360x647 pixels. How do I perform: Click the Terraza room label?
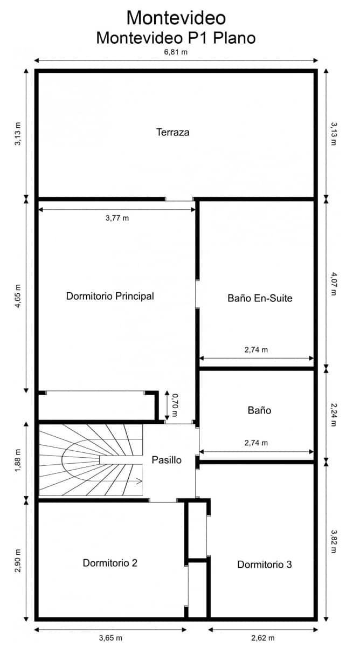click(x=172, y=132)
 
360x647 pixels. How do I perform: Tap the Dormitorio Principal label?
click(x=110, y=296)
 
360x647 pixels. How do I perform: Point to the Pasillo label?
click(x=166, y=460)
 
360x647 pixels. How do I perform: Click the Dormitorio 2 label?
click(x=110, y=563)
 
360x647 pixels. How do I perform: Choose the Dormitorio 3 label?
click(x=265, y=565)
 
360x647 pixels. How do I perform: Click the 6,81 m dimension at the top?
click(x=176, y=52)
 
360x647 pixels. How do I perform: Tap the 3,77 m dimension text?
click(x=117, y=218)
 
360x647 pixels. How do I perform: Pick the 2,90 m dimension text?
click(x=18, y=561)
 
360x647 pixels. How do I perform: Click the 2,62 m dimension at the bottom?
click(x=262, y=637)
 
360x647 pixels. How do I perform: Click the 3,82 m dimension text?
click(x=334, y=541)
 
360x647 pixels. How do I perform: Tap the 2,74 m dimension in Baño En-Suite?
click(x=256, y=349)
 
